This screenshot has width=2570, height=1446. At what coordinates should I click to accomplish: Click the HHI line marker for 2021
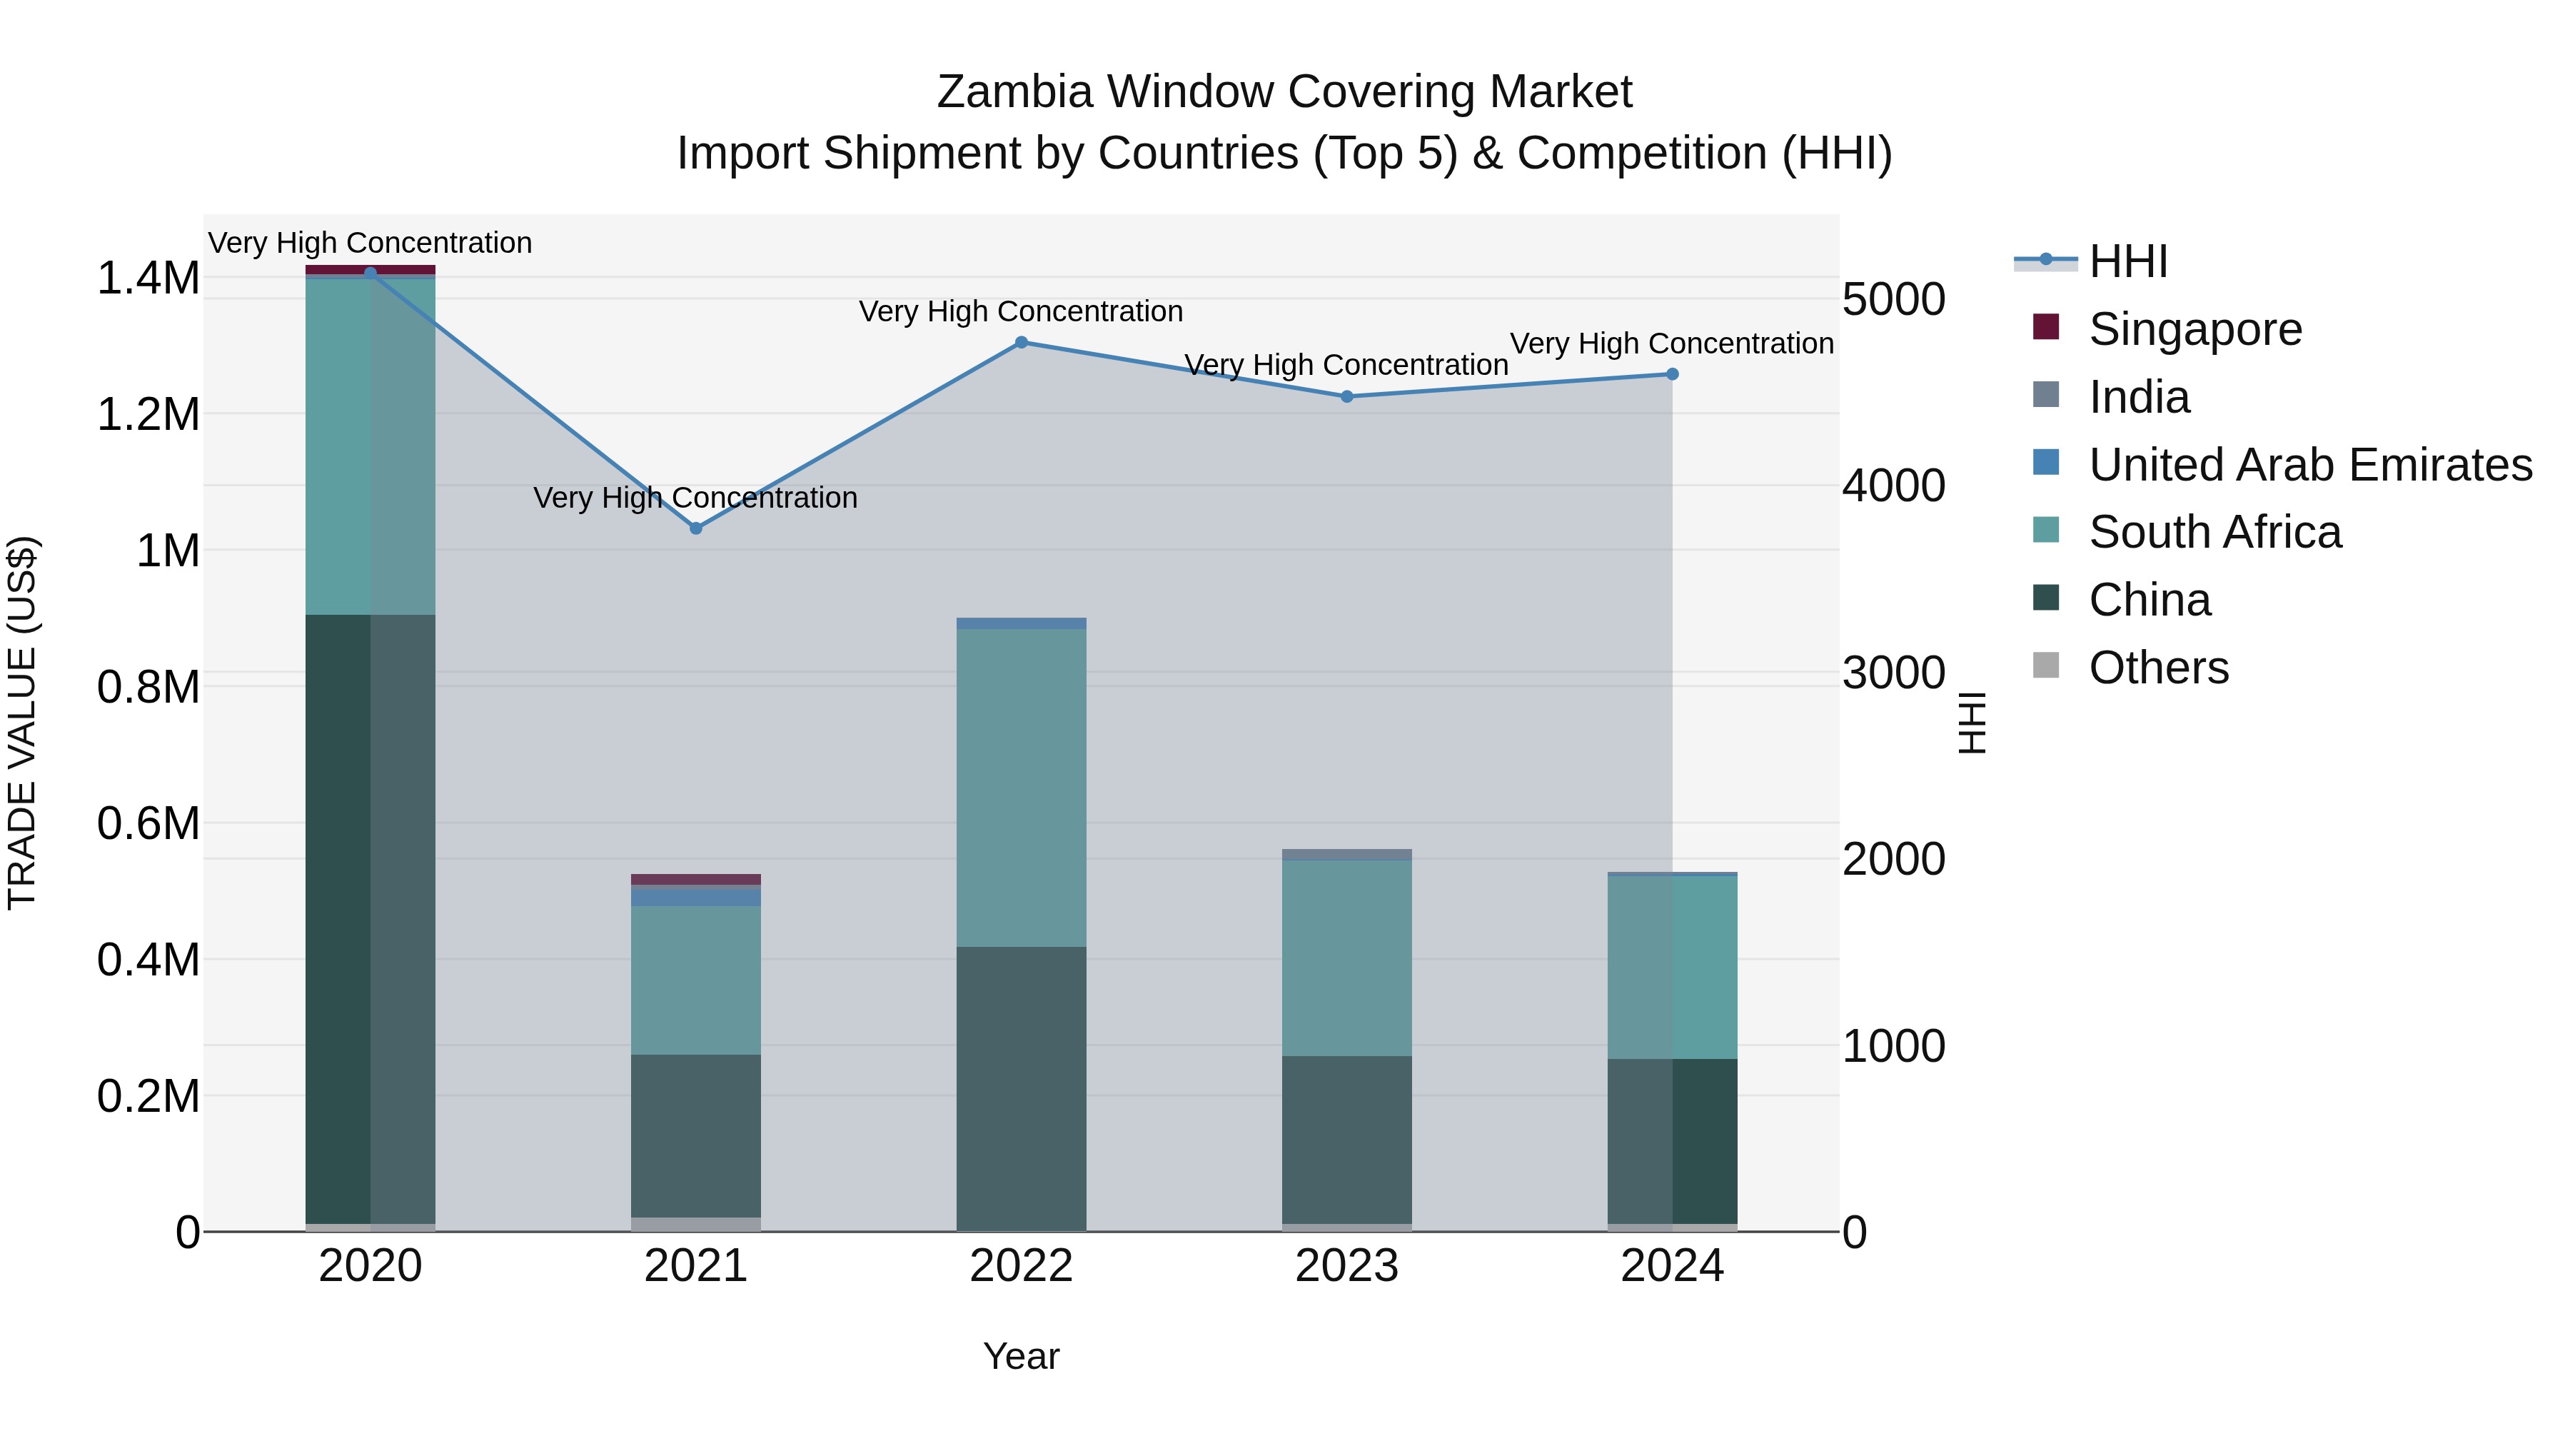coord(696,528)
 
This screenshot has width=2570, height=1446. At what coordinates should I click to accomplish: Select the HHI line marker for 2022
coord(1021,342)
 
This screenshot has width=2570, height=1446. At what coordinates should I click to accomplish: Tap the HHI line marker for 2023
coord(1347,396)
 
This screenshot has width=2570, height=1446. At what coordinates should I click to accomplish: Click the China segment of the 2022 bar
coord(1021,1088)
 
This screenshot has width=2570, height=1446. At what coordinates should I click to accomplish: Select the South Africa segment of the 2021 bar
coord(695,979)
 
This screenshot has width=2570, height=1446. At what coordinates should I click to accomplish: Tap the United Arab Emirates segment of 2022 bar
coord(1021,623)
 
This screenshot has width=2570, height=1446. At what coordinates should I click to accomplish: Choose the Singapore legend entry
coord(2195,329)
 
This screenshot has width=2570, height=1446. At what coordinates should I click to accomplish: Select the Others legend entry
coord(2158,668)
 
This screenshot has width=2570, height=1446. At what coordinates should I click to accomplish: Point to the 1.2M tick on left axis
coord(148,414)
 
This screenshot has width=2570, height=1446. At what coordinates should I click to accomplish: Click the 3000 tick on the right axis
coord(1893,673)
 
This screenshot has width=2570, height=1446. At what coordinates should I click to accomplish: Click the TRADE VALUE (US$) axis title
coord(22,723)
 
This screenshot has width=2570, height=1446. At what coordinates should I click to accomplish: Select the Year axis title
coord(1021,1356)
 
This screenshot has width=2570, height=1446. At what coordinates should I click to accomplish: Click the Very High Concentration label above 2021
coord(695,497)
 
